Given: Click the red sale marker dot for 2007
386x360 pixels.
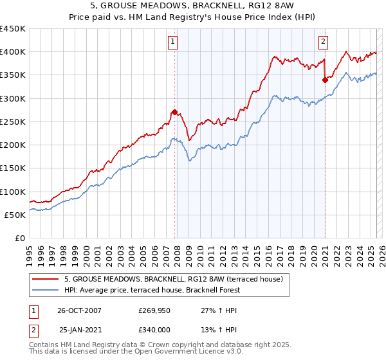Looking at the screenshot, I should tap(174, 113).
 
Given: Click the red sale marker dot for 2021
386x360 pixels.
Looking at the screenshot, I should tap(325, 80).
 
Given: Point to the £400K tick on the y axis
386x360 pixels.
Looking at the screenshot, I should tap(13, 52).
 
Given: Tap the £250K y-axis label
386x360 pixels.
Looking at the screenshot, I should tap(13, 122).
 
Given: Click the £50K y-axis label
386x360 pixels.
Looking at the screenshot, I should tap(16, 215).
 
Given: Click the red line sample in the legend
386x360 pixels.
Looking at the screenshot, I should tap(46, 279).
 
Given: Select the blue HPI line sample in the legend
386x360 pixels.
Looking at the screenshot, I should tap(46, 290).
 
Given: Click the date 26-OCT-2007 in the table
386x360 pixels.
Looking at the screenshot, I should tap(79, 310).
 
